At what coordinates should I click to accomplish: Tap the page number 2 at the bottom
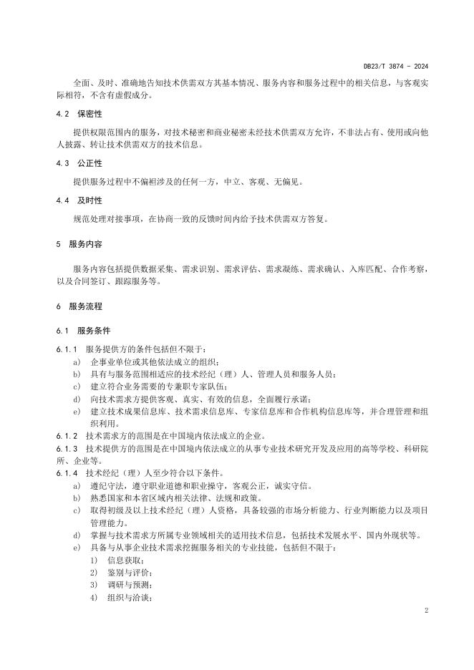tap(425, 611)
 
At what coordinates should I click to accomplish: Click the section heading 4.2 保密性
tap(78, 115)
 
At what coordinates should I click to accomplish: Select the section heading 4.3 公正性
tap(78, 163)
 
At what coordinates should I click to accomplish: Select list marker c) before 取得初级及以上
tap(76, 510)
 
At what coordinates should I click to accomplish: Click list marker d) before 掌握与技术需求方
tap(76, 535)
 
